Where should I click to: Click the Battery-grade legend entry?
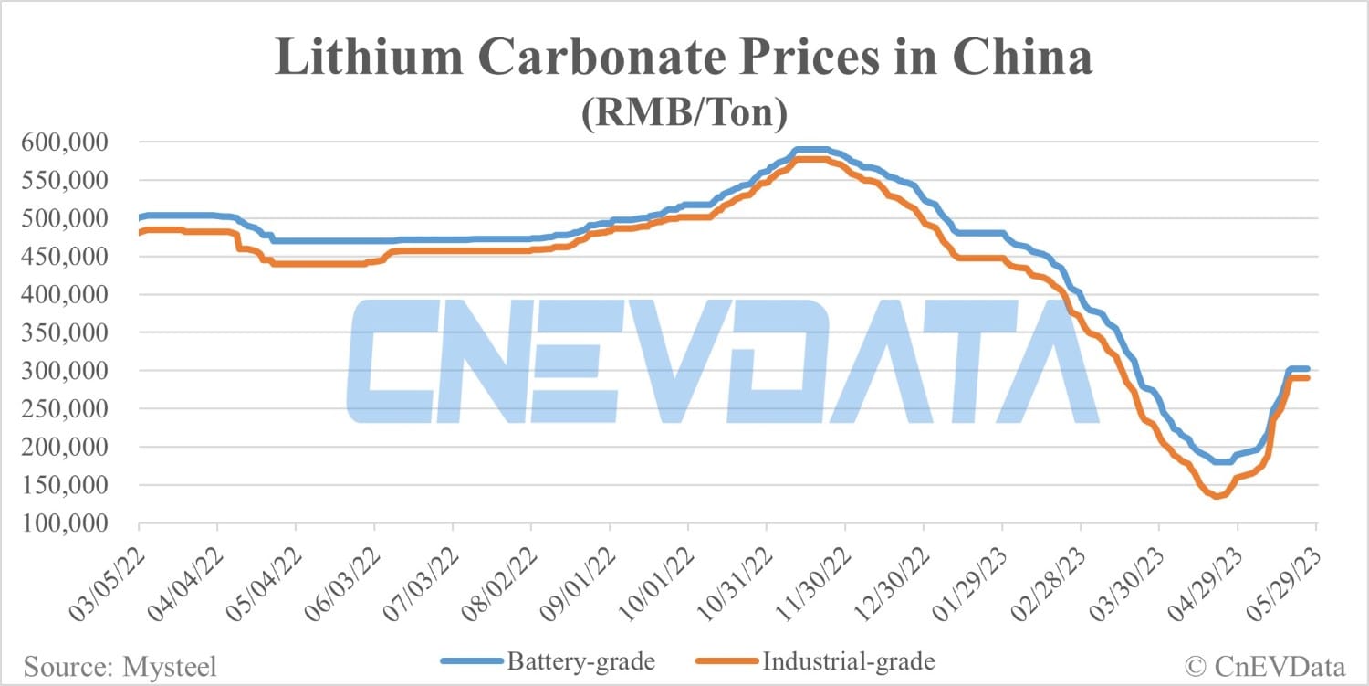[x=580, y=660]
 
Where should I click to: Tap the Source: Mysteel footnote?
[x=120, y=667]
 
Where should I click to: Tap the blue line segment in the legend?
[x=472, y=660]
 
